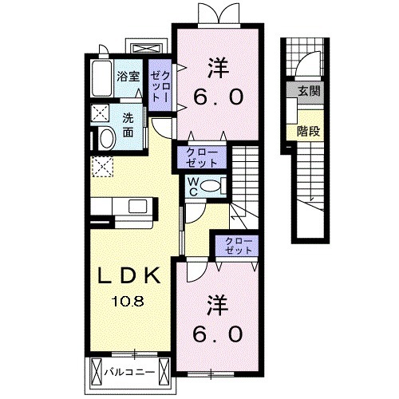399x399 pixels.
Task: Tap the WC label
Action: pos(193,186)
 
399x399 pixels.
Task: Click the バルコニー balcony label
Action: pos(132,371)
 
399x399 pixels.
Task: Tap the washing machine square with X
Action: pos(101,112)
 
